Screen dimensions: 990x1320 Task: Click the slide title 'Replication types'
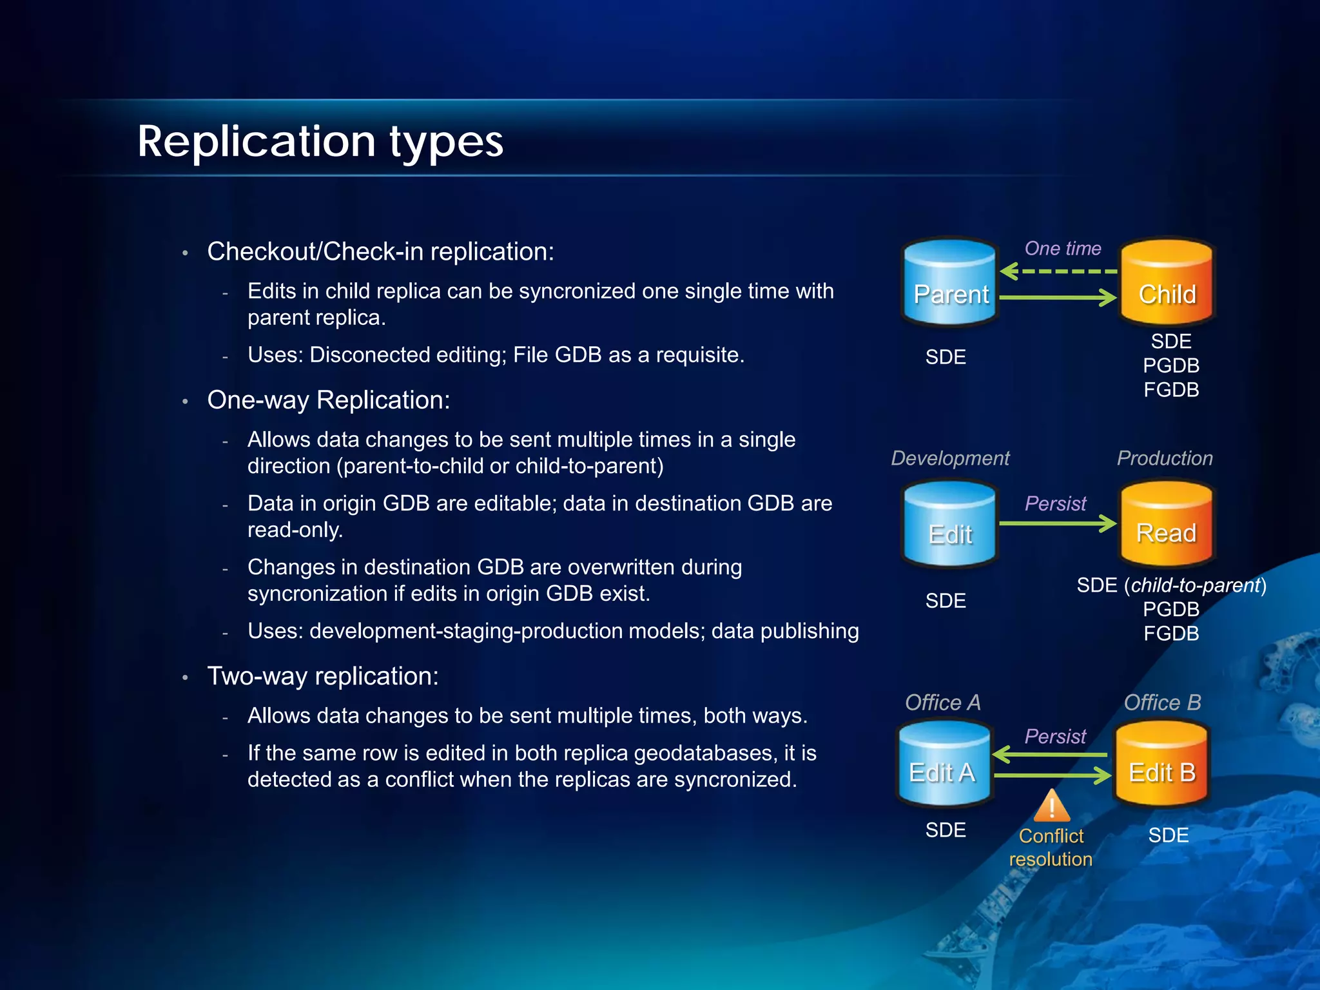(x=320, y=141)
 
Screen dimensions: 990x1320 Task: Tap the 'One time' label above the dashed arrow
(x=1063, y=248)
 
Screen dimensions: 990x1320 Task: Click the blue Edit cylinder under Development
(x=950, y=524)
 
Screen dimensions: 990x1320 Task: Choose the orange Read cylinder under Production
(x=1167, y=523)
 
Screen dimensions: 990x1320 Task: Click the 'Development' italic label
(x=950, y=458)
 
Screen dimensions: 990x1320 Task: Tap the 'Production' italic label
(x=1165, y=458)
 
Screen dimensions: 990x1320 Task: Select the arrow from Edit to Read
(x=1058, y=523)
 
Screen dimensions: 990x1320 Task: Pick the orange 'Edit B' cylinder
(x=1161, y=764)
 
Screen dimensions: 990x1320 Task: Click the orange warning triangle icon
(x=1052, y=806)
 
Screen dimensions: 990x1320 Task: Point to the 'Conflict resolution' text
(x=1051, y=848)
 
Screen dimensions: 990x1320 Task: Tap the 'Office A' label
(x=942, y=703)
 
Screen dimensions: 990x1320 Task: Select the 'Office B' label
(x=1162, y=703)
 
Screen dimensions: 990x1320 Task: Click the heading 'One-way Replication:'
(x=329, y=400)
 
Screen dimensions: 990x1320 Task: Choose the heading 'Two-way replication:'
(x=323, y=676)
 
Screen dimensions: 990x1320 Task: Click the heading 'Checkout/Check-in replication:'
(x=380, y=251)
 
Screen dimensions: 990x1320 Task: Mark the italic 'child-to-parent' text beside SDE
(x=1196, y=585)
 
